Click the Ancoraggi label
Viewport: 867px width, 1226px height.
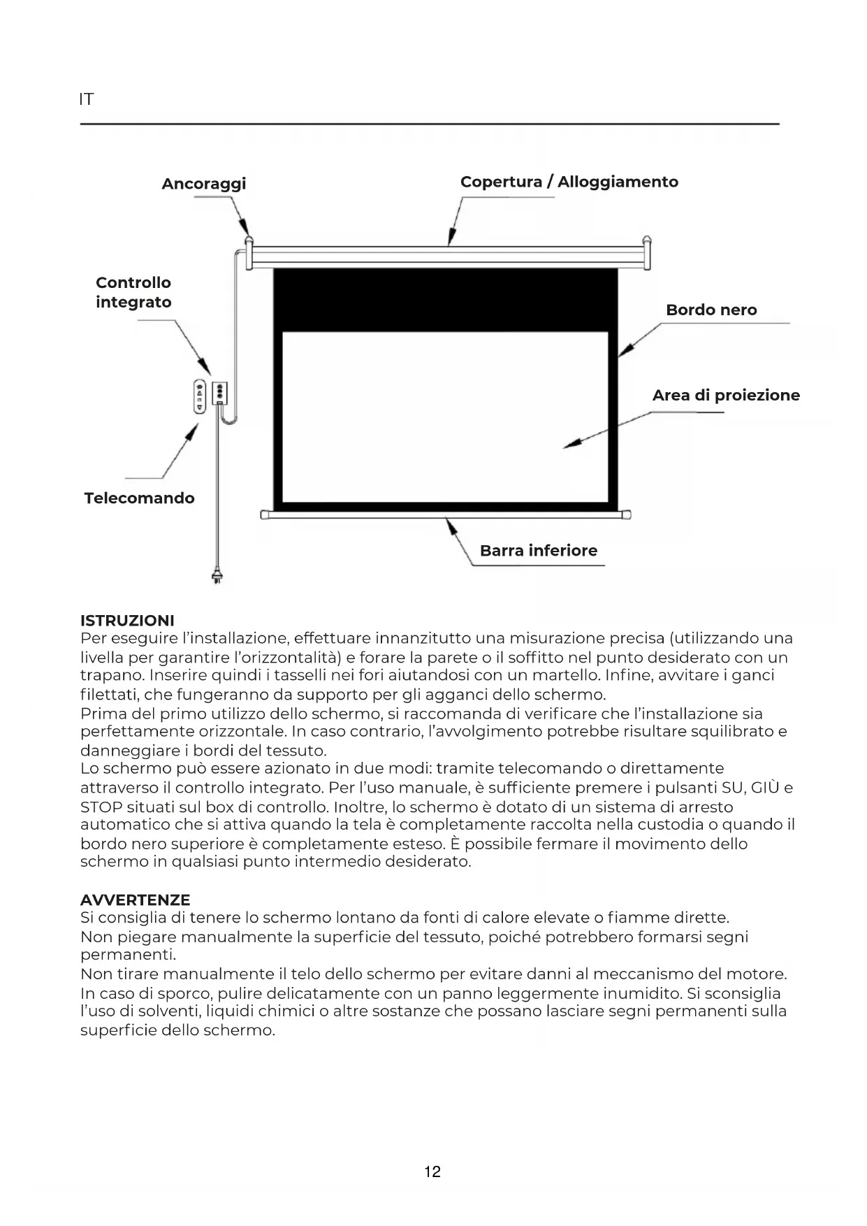(203, 184)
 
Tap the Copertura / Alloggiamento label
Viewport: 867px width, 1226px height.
(569, 182)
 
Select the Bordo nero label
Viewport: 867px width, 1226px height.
(711, 310)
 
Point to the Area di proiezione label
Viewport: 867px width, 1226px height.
(725, 395)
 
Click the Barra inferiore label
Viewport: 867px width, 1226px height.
(538, 550)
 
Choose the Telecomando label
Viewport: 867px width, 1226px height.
(139, 498)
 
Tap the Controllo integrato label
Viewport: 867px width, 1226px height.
(133, 292)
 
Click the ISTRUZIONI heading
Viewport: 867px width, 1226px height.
(127, 620)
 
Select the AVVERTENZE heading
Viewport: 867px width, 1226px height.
(135, 900)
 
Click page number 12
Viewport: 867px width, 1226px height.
(432, 1171)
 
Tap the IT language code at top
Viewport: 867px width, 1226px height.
(86, 99)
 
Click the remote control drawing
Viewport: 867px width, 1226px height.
(199, 396)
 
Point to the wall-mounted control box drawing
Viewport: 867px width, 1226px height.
(219, 393)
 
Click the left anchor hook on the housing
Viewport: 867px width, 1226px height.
(248, 241)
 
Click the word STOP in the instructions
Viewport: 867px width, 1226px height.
(101, 807)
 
